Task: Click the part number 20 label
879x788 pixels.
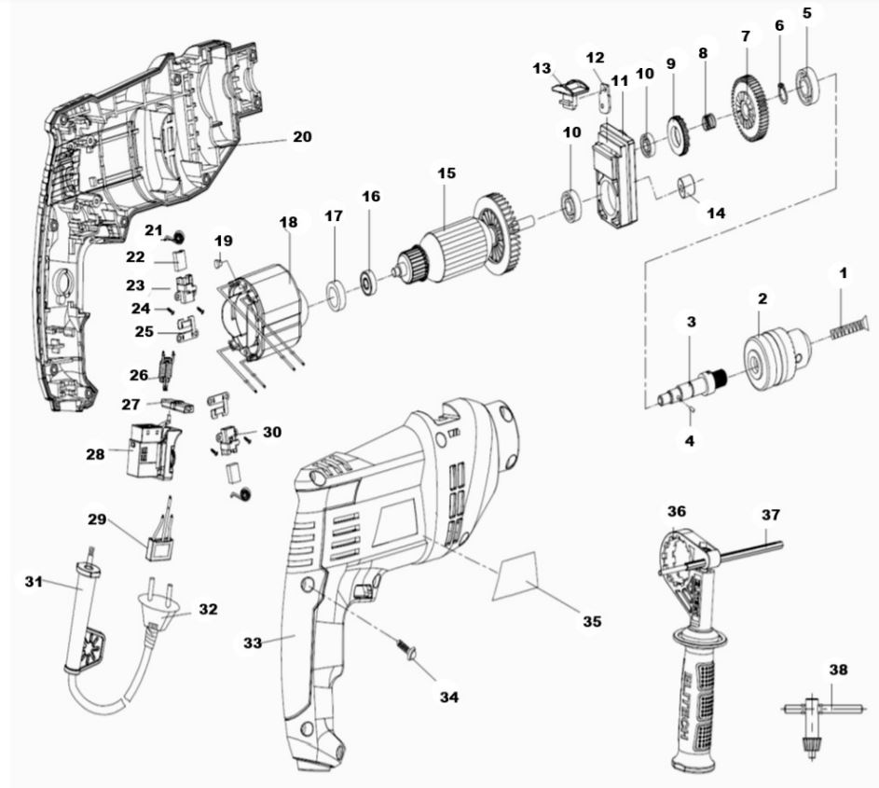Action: tap(301, 136)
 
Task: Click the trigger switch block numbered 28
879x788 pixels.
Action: tap(148, 453)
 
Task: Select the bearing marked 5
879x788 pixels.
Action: tap(809, 81)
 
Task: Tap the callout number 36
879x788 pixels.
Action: tap(676, 512)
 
